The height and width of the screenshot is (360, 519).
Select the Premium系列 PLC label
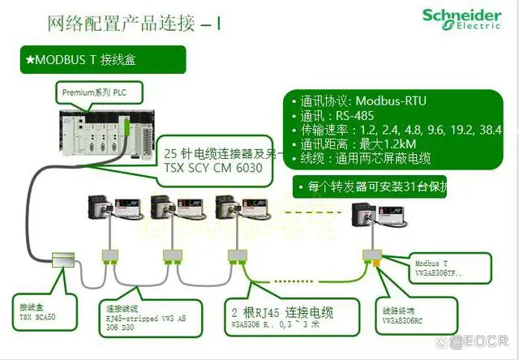pyautogui.click(x=94, y=93)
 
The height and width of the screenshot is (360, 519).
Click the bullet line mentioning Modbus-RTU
pyautogui.click(x=364, y=101)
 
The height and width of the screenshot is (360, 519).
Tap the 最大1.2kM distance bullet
pyautogui.click(x=357, y=144)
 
